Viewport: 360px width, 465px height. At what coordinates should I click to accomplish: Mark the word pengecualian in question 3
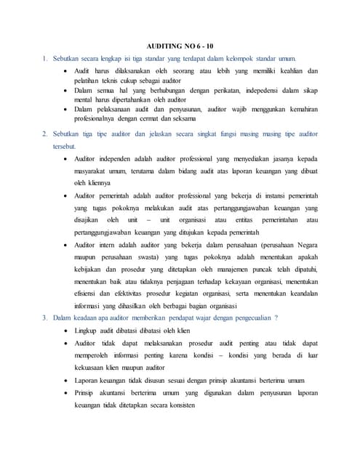pyautogui.click(x=244, y=318)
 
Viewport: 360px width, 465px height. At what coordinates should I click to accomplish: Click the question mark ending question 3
pyautogui.click(x=276, y=318)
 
